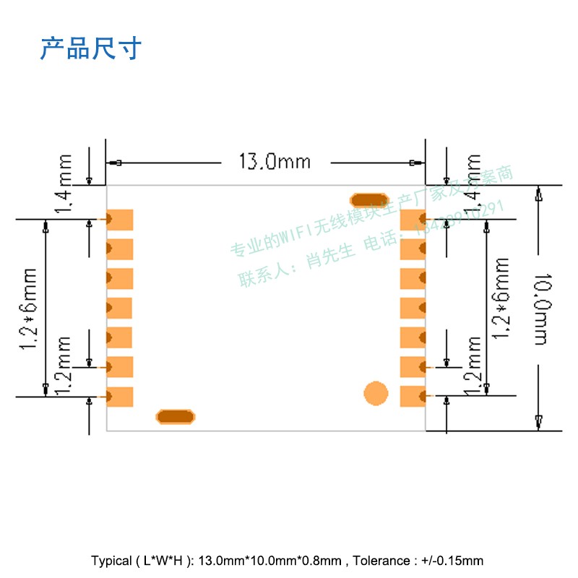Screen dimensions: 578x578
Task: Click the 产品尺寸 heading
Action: coord(91,48)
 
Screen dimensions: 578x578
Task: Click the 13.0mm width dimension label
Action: coord(274,160)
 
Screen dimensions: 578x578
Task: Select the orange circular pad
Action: coord(376,394)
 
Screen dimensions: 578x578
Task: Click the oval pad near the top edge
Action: coord(368,199)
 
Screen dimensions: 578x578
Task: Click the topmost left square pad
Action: coord(121,219)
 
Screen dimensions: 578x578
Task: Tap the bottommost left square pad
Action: coord(121,396)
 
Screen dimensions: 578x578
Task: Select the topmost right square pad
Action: coord(413,219)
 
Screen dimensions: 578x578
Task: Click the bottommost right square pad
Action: coord(413,396)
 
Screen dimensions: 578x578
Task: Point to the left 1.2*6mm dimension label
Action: coord(29,309)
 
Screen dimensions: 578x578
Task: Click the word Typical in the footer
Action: coord(111,561)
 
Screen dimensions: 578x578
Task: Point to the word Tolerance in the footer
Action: coord(380,561)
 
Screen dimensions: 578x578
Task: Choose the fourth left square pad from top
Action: coord(121,308)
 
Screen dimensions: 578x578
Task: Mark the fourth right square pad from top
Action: coord(413,308)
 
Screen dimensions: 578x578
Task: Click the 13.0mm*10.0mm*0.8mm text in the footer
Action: coord(269,561)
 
